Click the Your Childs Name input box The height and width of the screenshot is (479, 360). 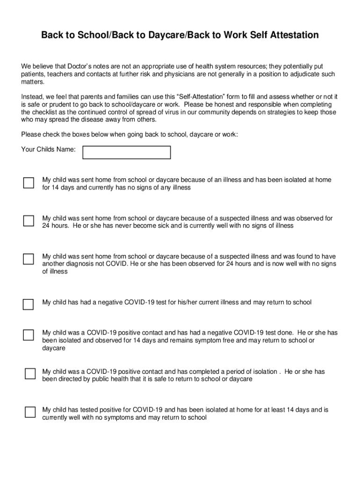(127, 152)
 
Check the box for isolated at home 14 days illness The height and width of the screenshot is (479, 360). (29, 182)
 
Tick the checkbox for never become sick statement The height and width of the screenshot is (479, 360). (29, 221)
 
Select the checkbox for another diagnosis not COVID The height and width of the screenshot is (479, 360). (29, 259)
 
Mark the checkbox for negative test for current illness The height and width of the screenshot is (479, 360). (29, 305)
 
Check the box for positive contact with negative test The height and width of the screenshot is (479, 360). (29, 335)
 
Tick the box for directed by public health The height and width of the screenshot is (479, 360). (30, 374)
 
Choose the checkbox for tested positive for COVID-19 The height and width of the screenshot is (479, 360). (30, 412)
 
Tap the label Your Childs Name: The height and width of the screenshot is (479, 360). (49, 149)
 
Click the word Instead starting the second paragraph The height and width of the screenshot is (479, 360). (34, 97)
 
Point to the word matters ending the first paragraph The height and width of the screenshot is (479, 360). (33, 82)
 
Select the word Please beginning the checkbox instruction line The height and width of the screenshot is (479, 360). (31, 135)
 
